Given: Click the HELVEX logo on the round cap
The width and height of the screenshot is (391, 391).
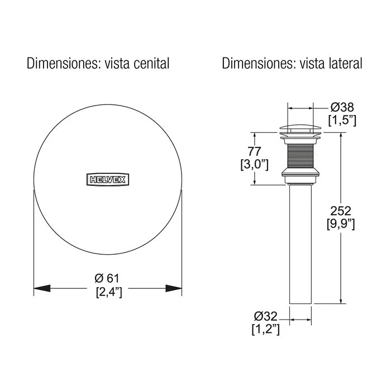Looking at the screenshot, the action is [108, 179].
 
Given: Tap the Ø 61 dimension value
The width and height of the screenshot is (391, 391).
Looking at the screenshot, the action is [107, 278].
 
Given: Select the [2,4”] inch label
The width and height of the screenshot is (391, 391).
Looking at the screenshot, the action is [109, 292].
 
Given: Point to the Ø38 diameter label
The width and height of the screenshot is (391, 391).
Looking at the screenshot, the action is [342, 107].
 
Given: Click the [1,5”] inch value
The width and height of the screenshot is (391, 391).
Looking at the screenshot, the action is [342, 121].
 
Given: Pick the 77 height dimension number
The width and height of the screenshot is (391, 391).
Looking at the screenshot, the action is [254, 151].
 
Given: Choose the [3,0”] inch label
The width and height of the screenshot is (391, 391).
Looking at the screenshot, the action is [254, 165].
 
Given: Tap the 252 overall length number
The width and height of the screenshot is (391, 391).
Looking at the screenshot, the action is [341, 211].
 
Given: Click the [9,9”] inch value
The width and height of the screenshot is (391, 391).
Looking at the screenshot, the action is [341, 224].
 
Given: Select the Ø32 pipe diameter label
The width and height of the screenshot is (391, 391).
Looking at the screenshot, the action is [265, 317].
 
